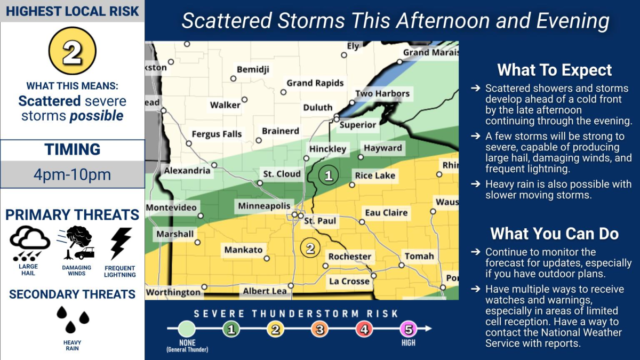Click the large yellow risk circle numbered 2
click(72, 51)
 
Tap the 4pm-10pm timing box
click(72, 174)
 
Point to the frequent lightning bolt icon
click(120, 243)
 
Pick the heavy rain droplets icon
click(72, 319)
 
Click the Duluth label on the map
click(317, 107)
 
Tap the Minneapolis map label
click(265, 206)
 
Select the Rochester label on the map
click(349, 257)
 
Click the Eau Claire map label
click(386, 212)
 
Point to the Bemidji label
click(253, 70)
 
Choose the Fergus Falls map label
click(217, 134)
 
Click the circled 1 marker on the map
click(329, 175)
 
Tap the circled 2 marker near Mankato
click(310, 247)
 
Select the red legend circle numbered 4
click(364, 330)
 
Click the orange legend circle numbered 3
click(319, 330)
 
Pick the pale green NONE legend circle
click(187, 329)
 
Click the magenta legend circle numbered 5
click(408, 330)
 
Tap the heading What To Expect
click(555, 70)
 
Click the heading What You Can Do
click(555, 234)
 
